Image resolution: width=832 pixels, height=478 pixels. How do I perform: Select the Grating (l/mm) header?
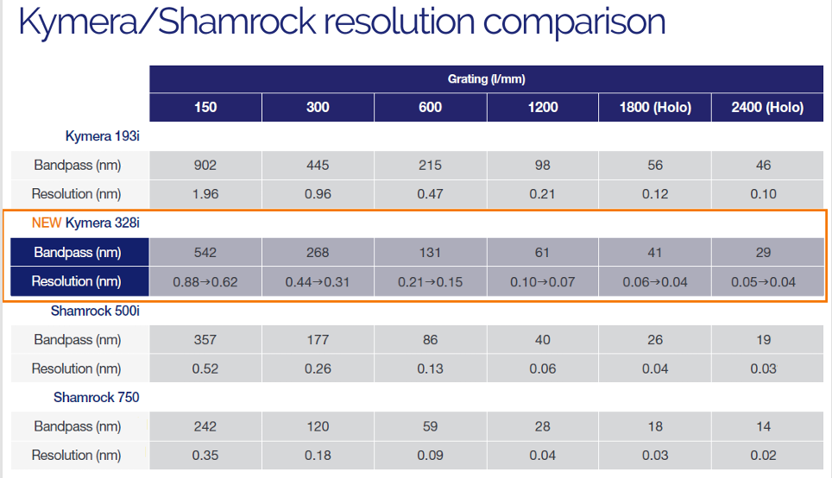(486, 79)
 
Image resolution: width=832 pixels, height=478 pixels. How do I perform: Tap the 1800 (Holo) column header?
(654, 107)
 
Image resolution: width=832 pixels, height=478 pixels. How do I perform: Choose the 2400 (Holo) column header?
(766, 107)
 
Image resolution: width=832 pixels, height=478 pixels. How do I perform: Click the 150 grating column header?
(205, 107)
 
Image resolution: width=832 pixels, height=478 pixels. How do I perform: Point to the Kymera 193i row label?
(102, 136)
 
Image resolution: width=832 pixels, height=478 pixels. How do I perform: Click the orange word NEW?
(47, 223)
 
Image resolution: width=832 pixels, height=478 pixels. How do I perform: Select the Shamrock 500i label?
(95, 311)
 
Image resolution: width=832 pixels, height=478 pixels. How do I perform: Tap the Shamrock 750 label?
(97, 398)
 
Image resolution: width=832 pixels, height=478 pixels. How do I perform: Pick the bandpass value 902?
(205, 166)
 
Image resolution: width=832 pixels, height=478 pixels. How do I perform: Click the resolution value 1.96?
(205, 194)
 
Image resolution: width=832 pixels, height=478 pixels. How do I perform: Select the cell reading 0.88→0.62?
(205, 281)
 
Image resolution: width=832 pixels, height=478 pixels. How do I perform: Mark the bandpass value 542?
(205, 253)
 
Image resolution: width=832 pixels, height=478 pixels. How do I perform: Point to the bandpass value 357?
(205, 340)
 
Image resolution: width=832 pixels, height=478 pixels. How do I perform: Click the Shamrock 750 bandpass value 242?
(205, 426)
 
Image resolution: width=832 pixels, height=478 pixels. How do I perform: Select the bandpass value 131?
(430, 253)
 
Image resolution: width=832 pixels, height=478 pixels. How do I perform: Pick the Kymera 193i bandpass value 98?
(542, 166)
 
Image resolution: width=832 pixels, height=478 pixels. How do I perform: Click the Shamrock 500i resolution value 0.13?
(430, 368)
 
